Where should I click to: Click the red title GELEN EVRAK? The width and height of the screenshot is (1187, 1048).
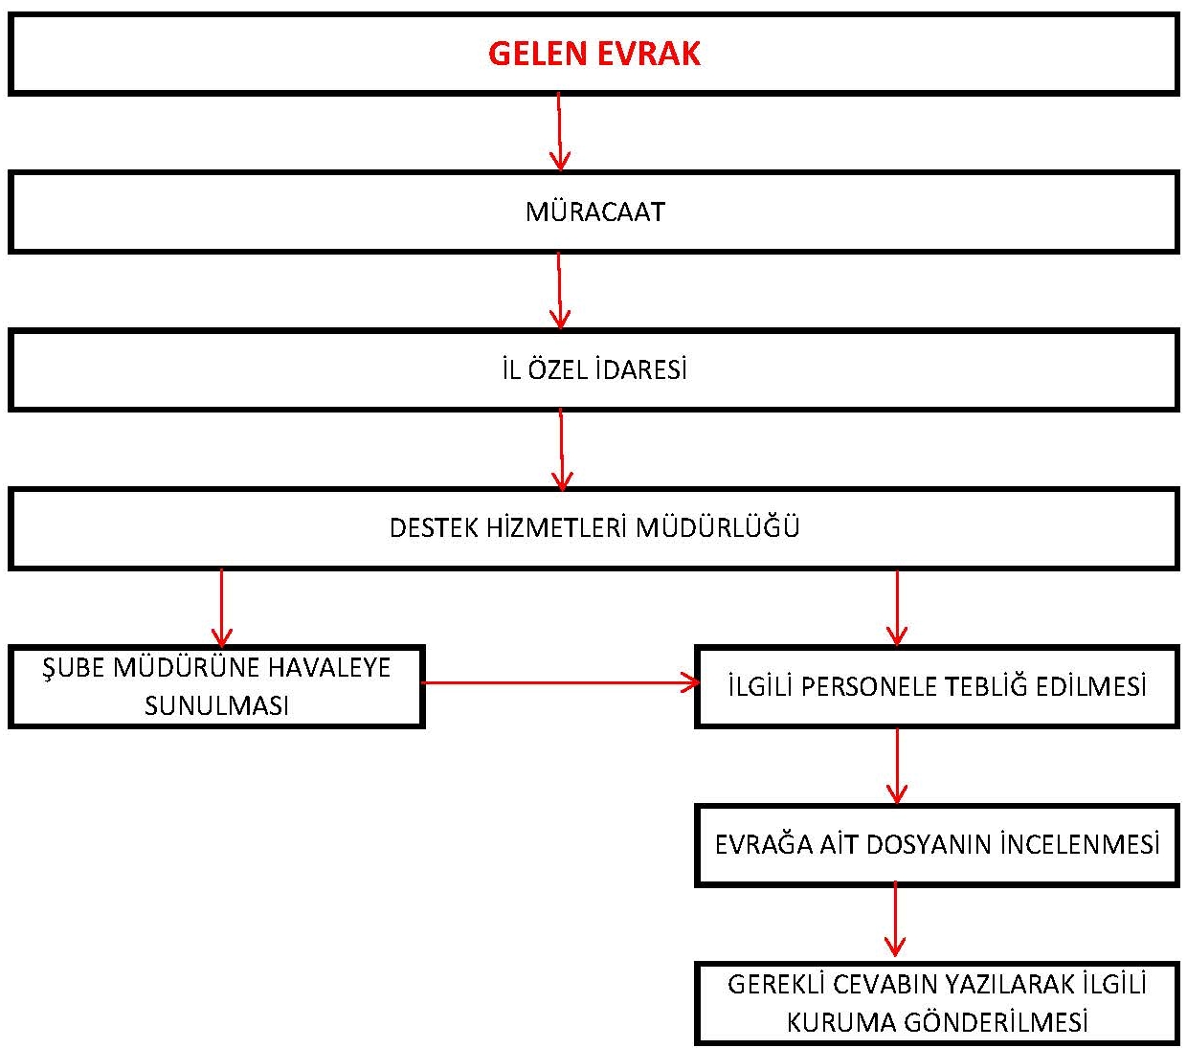[593, 54]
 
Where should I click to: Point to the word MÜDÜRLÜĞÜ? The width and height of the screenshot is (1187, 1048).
[718, 526]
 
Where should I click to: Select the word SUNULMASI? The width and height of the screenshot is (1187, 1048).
[216, 705]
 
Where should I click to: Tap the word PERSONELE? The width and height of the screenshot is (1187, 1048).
[869, 686]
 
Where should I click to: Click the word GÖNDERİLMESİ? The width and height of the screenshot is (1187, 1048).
[996, 1021]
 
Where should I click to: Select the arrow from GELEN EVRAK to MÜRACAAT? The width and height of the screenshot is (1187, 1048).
[559, 131]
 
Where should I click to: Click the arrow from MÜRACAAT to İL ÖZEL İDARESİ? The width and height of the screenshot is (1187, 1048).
[559, 290]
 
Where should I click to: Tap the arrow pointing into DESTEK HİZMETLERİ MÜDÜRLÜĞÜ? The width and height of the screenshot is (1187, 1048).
[561, 449]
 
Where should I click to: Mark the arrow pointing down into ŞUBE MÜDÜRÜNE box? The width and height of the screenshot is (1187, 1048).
[221, 607]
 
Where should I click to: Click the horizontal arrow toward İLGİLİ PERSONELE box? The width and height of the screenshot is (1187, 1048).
[560, 682]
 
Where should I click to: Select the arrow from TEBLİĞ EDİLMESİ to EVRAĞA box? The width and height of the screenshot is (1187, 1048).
[897, 766]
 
